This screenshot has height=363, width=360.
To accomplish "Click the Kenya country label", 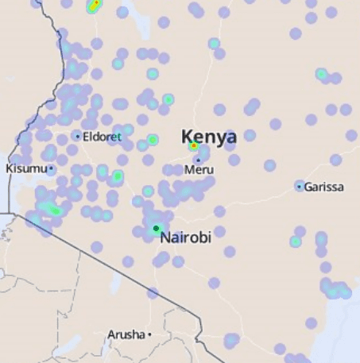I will (x=209, y=137).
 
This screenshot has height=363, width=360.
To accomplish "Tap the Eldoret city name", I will (x=103, y=137).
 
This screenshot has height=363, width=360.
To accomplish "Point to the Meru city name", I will (x=199, y=170).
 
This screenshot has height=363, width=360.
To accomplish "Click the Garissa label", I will (x=324, y=187).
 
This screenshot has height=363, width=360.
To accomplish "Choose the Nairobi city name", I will (x=186, y=237).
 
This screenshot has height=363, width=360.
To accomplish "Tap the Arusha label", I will (x=126, y=334).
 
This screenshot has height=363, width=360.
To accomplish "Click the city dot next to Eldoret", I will (x=78, y=137).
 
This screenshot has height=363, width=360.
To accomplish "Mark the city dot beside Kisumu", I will (x=51, y=168).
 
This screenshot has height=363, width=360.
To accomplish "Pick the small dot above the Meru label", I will (x=198, y=160).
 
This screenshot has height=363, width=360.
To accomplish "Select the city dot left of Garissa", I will (x=300, y=187).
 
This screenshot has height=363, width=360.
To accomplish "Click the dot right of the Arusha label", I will (x=149, y=334).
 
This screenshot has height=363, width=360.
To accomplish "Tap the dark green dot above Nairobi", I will (x=156, y=229).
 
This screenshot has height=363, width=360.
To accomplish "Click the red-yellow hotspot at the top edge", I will (x=94, y=6).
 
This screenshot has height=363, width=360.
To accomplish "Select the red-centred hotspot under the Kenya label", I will (x=193, y=146).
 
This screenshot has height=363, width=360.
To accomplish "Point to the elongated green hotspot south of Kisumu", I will (x=52, y=210).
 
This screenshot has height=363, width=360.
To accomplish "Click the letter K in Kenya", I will (x=188, y=137).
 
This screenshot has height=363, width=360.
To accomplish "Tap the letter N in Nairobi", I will (x=165, y=237).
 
